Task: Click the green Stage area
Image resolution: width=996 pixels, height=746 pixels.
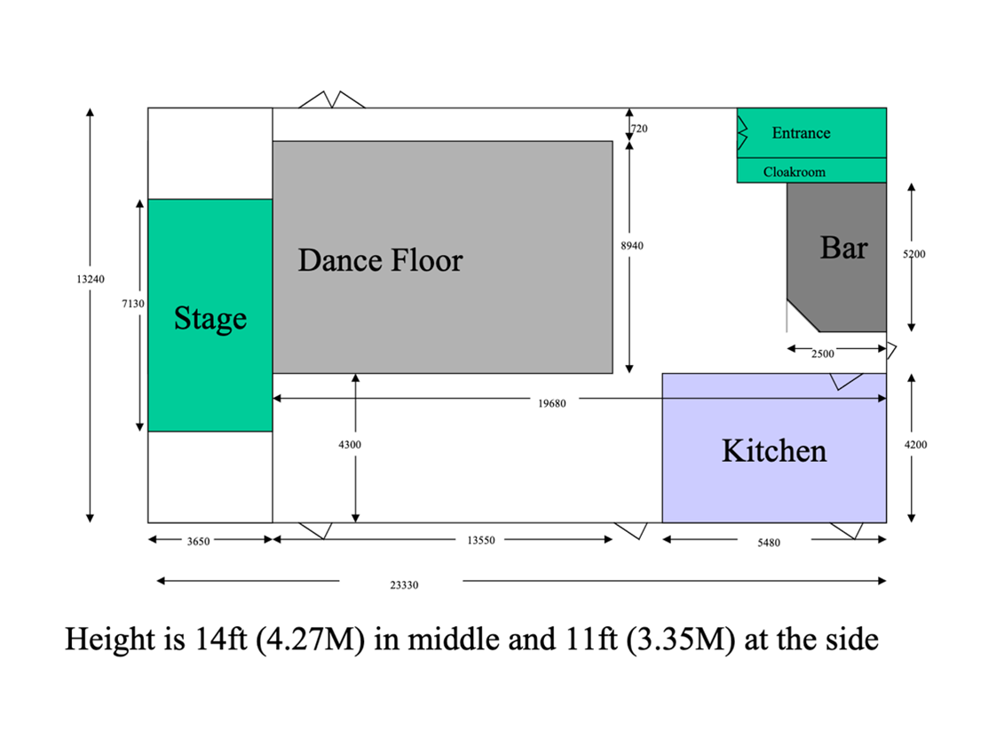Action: (x=210, y=315)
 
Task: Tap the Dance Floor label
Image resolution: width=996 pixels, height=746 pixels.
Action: (x=381, y=260)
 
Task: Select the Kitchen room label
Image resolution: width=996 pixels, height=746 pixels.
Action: (x=774, y=450)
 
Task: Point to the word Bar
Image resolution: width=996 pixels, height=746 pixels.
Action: (x=843, y=247)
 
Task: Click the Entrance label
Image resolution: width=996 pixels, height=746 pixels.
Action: (x=801, y=133)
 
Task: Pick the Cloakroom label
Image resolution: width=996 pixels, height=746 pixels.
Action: (x=794, y=172)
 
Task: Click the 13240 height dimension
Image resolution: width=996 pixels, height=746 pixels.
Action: (x=91, y=279)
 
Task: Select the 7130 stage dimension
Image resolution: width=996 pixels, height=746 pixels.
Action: (x=133, y=304)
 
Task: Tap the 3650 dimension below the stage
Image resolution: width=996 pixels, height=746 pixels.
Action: (x=198, y=542)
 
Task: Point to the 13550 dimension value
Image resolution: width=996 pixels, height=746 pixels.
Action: (x=481, y=540)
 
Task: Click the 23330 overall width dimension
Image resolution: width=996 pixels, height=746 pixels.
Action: (x=404, y=584)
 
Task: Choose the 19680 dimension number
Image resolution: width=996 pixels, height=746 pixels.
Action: (x=552, y=403)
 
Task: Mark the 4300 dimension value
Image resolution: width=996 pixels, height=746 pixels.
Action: (x=350, y=445)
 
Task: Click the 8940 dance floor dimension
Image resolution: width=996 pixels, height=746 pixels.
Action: (x=632, y=246)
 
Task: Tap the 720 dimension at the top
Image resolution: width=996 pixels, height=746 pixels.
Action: (x=639, y=129)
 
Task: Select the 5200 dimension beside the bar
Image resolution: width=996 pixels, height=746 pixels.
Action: (x=914, y=254)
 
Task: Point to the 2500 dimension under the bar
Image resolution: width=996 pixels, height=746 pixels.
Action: (x=823, y=354)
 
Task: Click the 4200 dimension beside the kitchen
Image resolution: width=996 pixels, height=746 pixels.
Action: (x=915, y=445)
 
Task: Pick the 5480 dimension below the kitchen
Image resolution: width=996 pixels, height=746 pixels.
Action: (x=769, y=543)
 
